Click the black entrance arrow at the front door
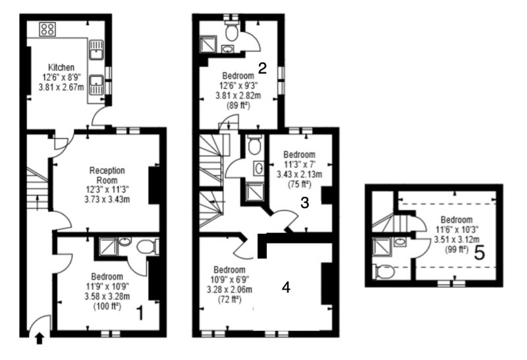point(40,338)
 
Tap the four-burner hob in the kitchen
point(47,29)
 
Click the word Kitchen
point(61,67)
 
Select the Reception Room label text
point(107,175)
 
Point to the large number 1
point(140,313)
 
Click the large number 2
point(262,68)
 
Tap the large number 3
point(304,203)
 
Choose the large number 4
point(286,287)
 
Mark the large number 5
point(480,253)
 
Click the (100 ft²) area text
point(107,306)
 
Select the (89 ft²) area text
point(238,105)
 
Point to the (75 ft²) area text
point(300,184)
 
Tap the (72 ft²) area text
point(230,299)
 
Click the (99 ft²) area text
point(457,249)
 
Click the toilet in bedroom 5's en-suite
point(383,272)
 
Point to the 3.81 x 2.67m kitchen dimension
point(61,88)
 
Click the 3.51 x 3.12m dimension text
point(457,240)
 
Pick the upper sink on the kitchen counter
point(96,50)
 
